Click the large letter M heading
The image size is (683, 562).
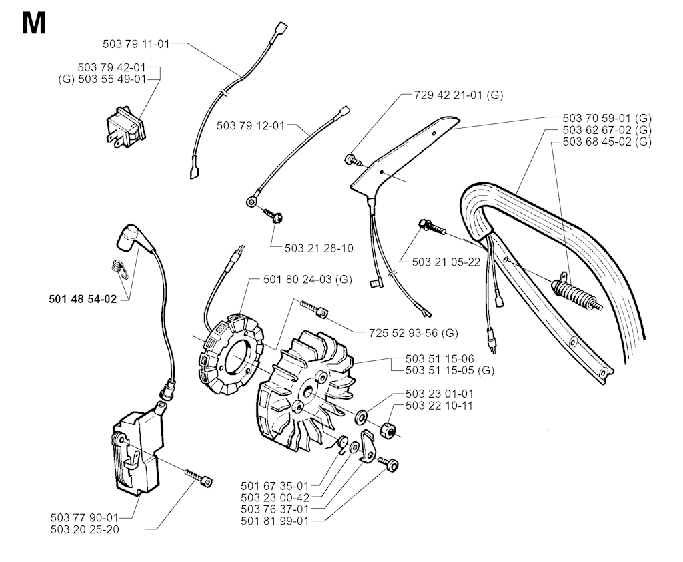pyautogui.click(x=33, y=24)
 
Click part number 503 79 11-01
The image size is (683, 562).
pyautogui.click(x=137, y=44)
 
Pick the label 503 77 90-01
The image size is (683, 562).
pyautogui.click(x=84, y=517)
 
